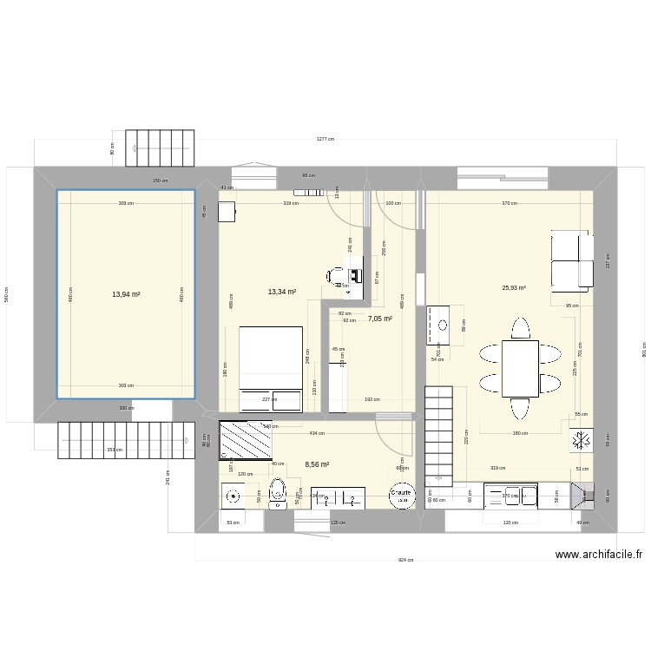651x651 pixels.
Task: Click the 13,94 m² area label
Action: click(126, 294)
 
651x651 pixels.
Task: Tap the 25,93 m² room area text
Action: click(514, 288)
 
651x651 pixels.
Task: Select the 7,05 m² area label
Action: click(379, 319)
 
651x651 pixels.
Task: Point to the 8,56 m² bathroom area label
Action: click(317, 464)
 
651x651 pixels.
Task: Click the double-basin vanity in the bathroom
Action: click(339, 497)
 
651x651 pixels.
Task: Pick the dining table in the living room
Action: click(520, 368)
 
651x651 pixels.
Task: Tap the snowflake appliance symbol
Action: click(580, 440)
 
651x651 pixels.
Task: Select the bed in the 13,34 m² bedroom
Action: click(271, 368)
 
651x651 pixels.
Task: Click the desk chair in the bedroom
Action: click(334, 276)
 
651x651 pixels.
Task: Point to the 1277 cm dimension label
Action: click(325, 139)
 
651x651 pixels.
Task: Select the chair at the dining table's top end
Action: click(520, 329)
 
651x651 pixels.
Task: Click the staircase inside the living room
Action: click(438, 434)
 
